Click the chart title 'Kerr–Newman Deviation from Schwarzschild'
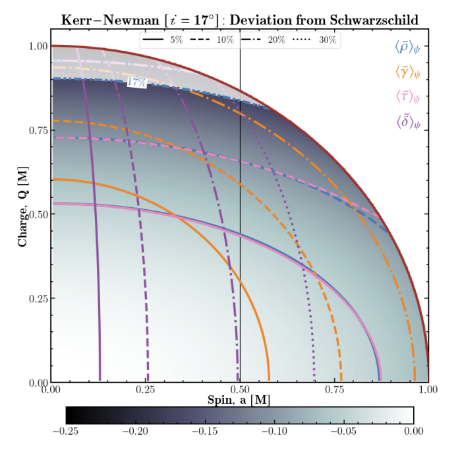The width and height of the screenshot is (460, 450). pos(239,19)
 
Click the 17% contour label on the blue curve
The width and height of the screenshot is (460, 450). pos(136,82)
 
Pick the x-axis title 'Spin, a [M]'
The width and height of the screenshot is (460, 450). pos(239,400)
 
